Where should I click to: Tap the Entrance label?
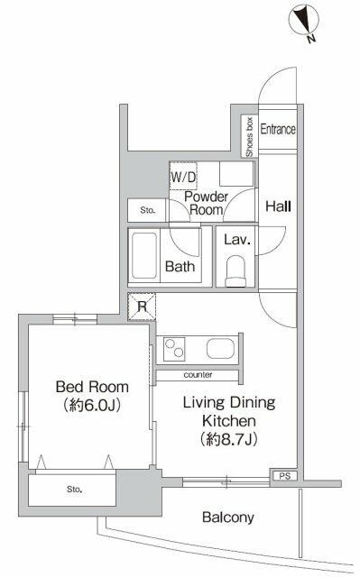(x=278, y=129)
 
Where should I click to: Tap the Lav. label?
(x=235, y=241)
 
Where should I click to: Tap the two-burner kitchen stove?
(x=173, y=348)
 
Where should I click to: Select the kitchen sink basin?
(x=218, y=348)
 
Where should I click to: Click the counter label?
(x=197, y=374)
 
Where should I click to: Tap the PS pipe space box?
(x=283, y=472)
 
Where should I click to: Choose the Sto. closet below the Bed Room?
(x=72, y=490)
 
